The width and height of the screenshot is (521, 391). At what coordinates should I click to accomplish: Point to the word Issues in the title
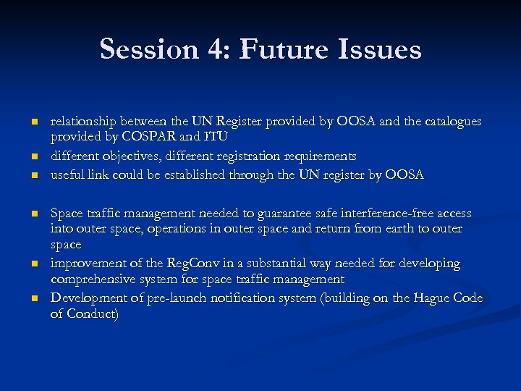coord(381,49)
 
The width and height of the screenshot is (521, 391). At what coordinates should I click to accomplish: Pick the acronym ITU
coord(214,138)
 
